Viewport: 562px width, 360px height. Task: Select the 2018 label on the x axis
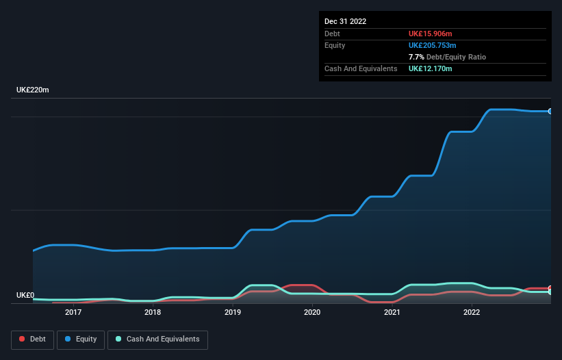tap(153, 313)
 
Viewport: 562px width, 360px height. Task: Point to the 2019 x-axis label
tap(233, 313)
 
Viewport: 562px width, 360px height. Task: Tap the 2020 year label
tap(312, 313)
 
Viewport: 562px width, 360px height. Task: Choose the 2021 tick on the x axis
tap(392, 313)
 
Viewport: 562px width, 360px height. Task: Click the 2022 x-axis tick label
tap(472, 313)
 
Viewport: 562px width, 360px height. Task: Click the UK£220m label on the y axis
tap(33, 90)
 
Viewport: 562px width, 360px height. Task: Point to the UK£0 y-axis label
tap(25, 296)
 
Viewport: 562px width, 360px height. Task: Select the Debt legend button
tap(31, 339)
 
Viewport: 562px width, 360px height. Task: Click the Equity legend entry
tap(81, 339)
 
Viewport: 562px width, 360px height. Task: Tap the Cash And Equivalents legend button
tap(157, 339)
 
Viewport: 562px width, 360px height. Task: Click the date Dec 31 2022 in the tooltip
tap(345, 21)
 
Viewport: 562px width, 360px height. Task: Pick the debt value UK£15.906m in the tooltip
tap(431, 34)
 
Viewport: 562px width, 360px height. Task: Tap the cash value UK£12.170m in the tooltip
tap(431, 68)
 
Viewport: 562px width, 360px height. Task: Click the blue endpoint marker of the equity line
tap(550, 111)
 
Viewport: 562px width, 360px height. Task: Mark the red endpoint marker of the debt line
tap(550, 288)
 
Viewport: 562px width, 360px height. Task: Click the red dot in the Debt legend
tap(22, 339)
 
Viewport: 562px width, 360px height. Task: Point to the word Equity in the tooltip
tap(335, 45)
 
